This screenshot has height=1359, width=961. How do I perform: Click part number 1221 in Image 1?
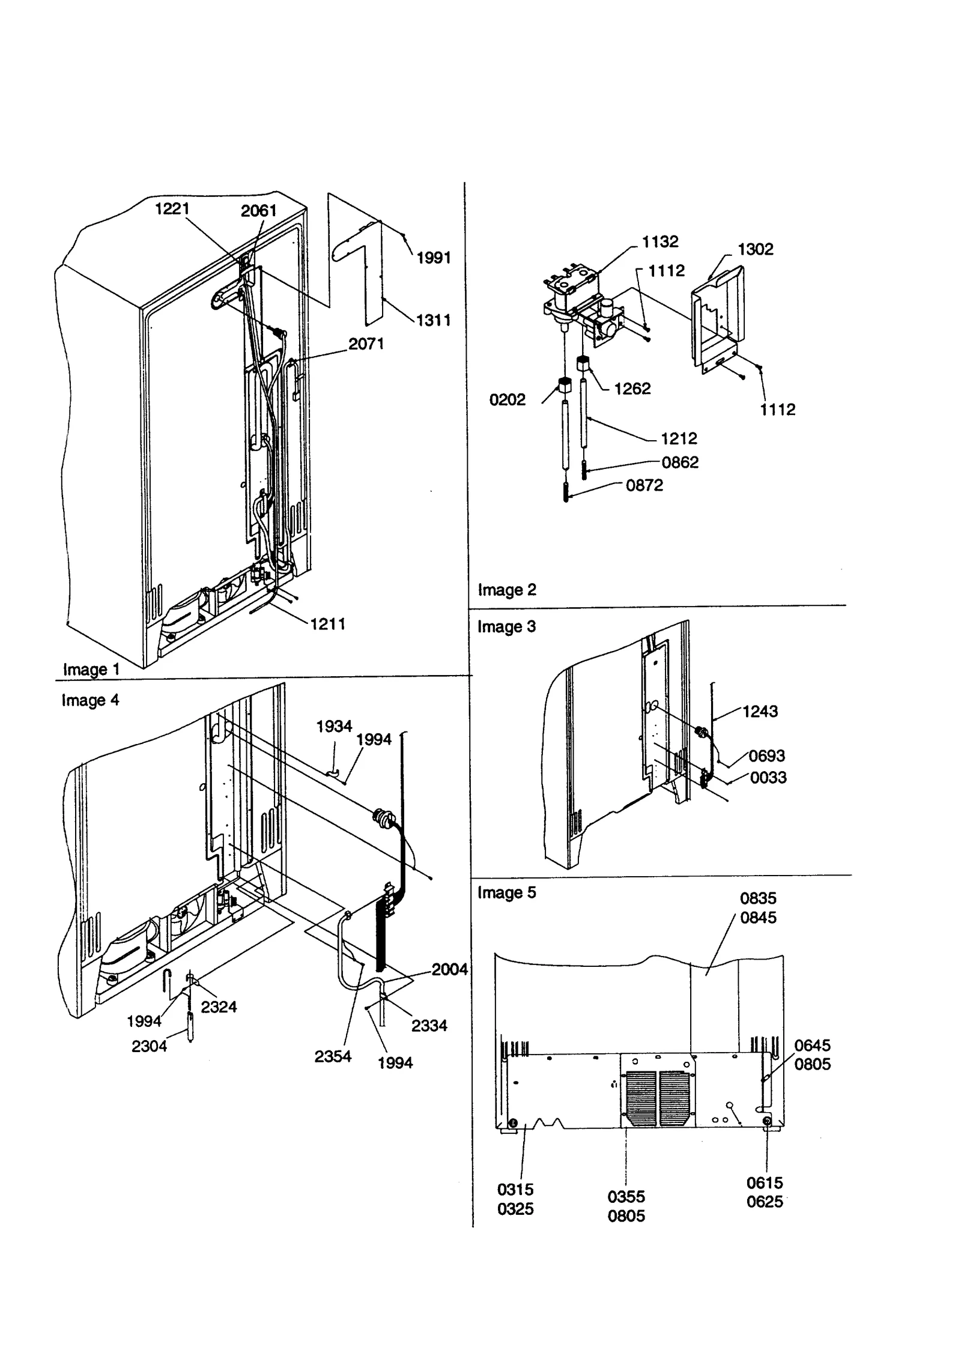[x=172, y=208]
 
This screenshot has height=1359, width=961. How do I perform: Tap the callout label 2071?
[x=366, y=344]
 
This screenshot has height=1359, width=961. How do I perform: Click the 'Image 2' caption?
[x=506, y=590]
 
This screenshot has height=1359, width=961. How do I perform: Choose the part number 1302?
[x=755, y=249]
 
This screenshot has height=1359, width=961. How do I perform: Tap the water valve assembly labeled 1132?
[x=574, y=294]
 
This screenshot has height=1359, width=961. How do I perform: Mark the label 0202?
[x=507, y=399]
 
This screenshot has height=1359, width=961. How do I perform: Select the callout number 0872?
[x=644, y=485]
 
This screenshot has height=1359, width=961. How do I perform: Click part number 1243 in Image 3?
[x=760, y=711]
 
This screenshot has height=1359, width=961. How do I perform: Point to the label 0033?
[x=768, y=777]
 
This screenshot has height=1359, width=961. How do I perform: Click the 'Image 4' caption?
[x=90, y=700]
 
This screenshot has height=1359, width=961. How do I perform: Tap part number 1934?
[x=334, y=726]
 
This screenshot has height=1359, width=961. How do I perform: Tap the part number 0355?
[x=626, y=1196]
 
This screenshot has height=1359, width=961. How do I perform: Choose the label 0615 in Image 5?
[x=765, y=1182]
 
